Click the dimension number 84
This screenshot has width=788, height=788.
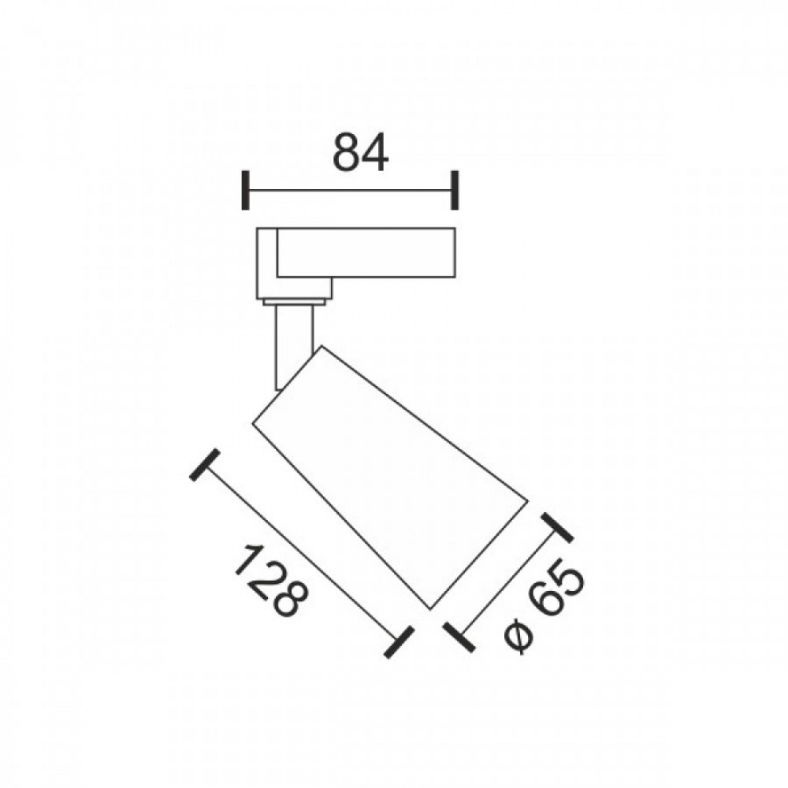pyautogui.click(x=360, y=152)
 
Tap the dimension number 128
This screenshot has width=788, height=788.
pyautogui.click(x=269, y=581)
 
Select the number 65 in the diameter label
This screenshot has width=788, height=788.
pyautogui.click(x=558, y=591)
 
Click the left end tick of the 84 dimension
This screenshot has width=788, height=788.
pyautogui.click(x=245, y=191)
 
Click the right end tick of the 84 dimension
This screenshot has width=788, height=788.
pyautogui.click(x=455, y=191)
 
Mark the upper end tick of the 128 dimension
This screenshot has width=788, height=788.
pyautogui.click(x=205, y=465)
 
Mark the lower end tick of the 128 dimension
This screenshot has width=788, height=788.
pyautogui.click(x=399, y=642)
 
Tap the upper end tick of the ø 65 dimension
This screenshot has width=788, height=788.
pyautogui.click(x=557, y=528)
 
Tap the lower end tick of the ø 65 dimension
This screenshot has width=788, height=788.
pyautogui.click(x=459, y=637)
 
